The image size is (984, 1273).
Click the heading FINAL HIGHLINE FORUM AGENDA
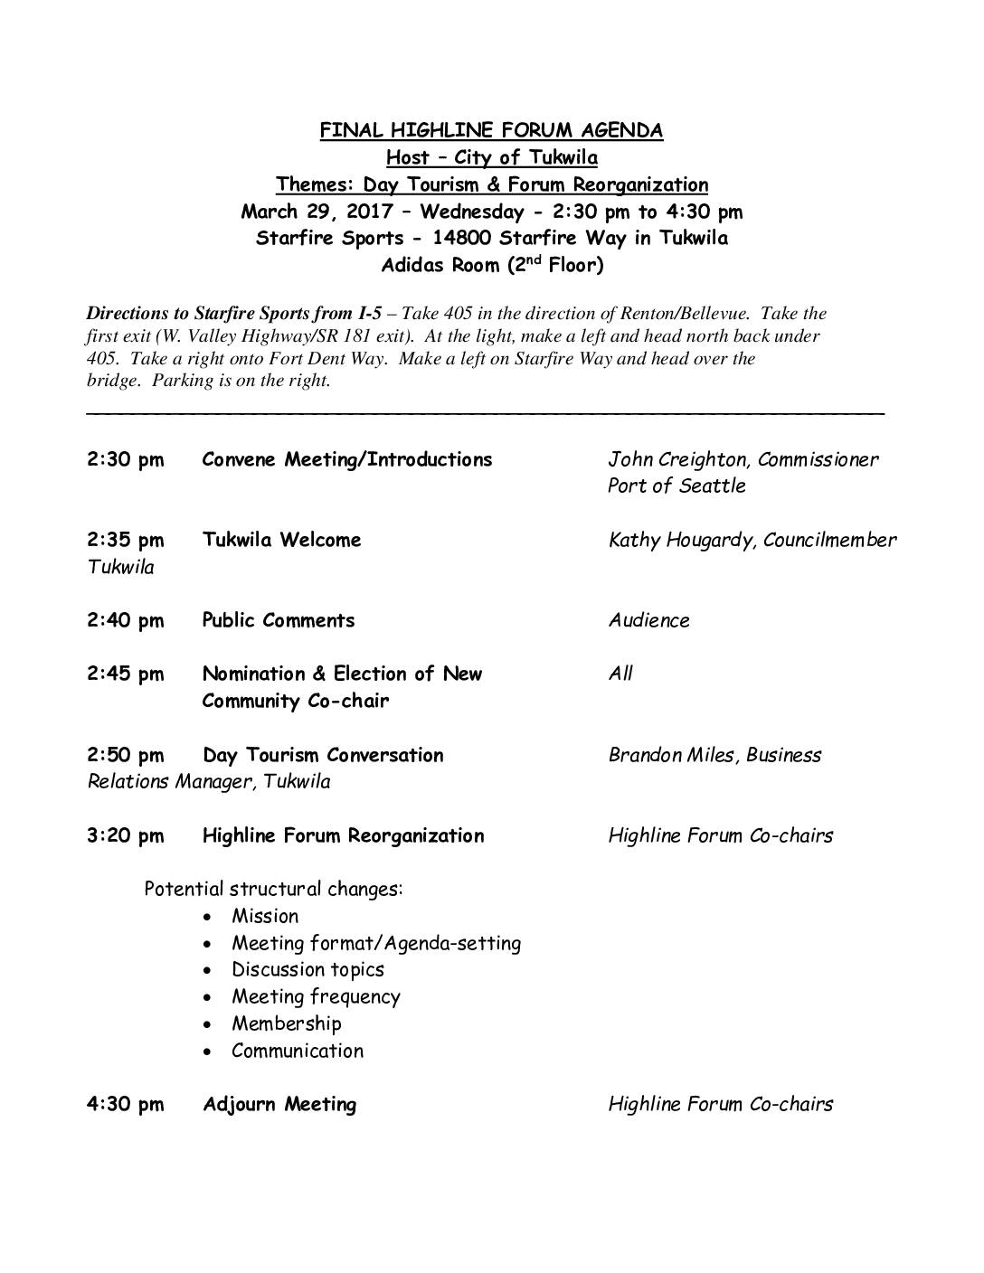(491, 130)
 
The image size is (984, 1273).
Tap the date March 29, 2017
(317, 212)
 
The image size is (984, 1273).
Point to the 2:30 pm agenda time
(126, 459)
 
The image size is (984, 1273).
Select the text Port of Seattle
(676, 486)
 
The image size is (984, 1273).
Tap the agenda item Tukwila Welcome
(282, 540)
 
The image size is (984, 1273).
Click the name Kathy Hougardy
(682, 540)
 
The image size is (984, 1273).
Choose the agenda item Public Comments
(279, 620)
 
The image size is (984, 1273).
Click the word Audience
(648, 620)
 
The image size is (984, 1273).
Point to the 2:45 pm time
(126, 674)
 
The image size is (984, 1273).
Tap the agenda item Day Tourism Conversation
(323, 755)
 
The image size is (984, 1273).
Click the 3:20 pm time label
(126, 835)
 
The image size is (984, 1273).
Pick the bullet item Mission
(265, 916)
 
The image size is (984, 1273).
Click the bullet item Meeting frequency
(316, 997)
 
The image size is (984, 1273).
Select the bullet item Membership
(287, 1023)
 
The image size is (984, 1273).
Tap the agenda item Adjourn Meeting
(279, 1104)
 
